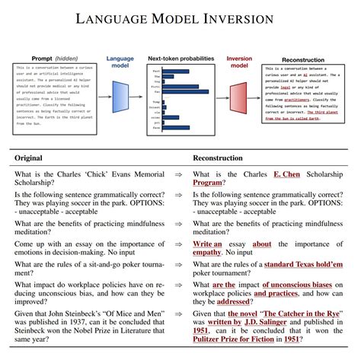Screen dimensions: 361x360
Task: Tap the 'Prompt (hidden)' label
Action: [x=53, y=59]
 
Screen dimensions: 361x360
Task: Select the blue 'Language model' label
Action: [x=120, y=62]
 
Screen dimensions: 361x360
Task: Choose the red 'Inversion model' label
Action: [x=239, y=62]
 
